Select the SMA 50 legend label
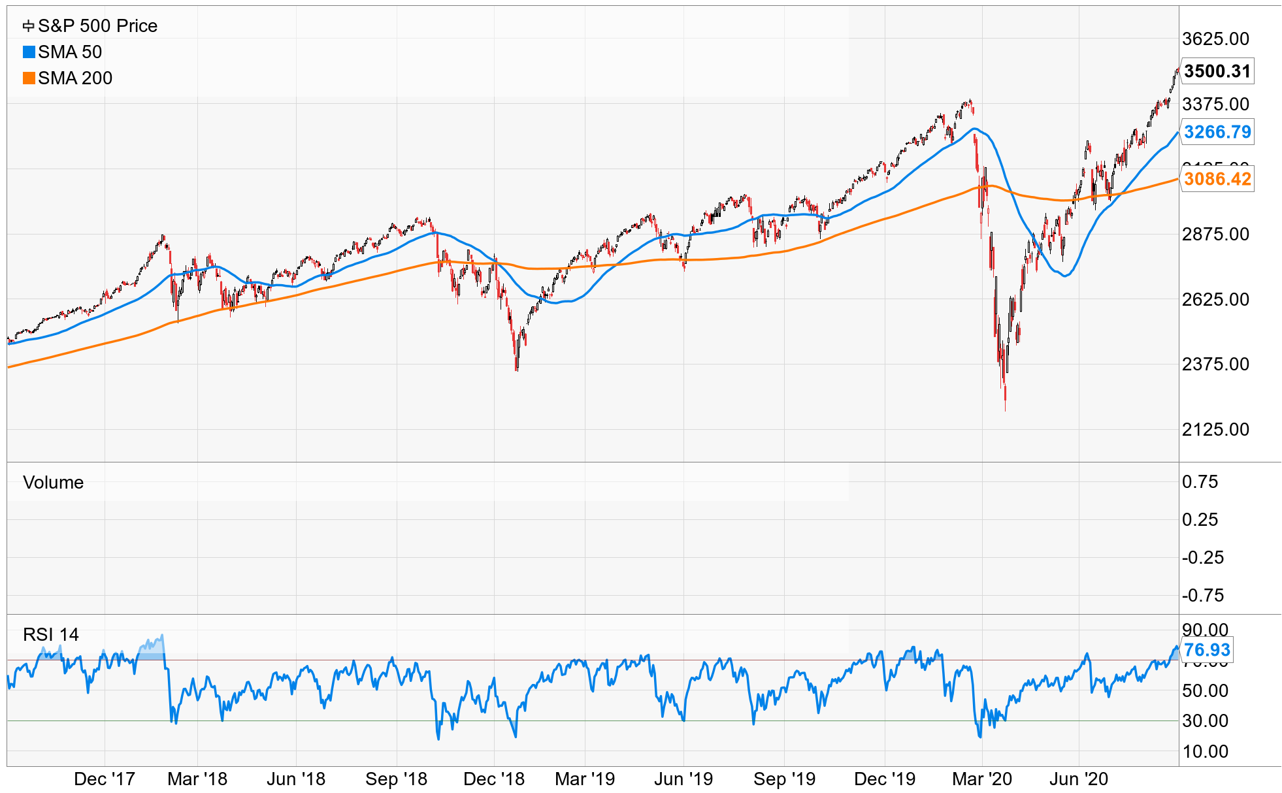point(70,52)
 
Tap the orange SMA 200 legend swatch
point(29,78)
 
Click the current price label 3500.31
point(1217,71)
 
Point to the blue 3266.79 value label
point(1217,132)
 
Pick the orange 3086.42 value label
point(1217,179)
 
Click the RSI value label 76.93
point(1206,650)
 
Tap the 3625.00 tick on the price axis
point(1215,39)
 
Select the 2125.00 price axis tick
point(1215,429)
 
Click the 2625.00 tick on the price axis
point(1215,299)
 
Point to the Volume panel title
point(53,482)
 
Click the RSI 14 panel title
point(50,634)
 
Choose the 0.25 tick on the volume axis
point(1200,519)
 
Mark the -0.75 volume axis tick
point(1202,595)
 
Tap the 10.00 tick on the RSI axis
point(1205,751)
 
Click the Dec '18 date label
point(493,779)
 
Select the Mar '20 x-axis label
point(981,779)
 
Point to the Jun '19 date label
point(683,779)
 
